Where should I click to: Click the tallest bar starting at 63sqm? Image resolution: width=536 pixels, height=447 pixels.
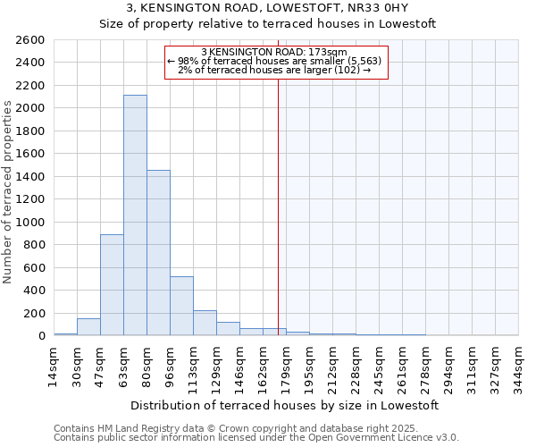pyautogui.click(x=135, y=215)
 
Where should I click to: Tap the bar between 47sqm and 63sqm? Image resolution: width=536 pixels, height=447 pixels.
pyautogui.click(x=112, y=284)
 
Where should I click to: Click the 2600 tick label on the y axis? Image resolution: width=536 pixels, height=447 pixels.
pyautogui.click(x=30, y=40)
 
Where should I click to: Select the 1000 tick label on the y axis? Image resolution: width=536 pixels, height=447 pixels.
pyautogui.click(x=30, y=222)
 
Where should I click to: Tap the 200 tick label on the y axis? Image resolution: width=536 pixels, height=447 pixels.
pyautogui.click(x=34, y=313)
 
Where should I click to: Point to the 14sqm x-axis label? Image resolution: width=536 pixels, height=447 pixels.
pyautogui.click(x=54, y=363)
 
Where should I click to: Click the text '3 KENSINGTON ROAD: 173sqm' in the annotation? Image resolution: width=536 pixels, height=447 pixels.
pyautogui.click(x=280, y=53)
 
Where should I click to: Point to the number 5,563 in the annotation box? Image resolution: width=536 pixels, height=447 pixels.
pyautogui.click(x=365, y=61)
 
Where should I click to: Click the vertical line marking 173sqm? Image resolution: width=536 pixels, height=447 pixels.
pyautogui.click(x=278, y=206)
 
